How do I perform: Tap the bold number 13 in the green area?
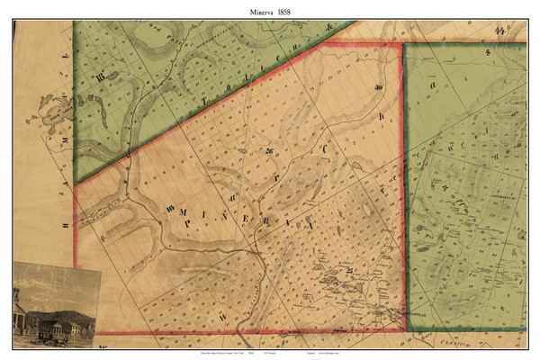[101, 76]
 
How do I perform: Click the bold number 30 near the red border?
[378, 87]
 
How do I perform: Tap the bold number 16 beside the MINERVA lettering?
[168, 211]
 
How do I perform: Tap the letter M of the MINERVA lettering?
[184, 213]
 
